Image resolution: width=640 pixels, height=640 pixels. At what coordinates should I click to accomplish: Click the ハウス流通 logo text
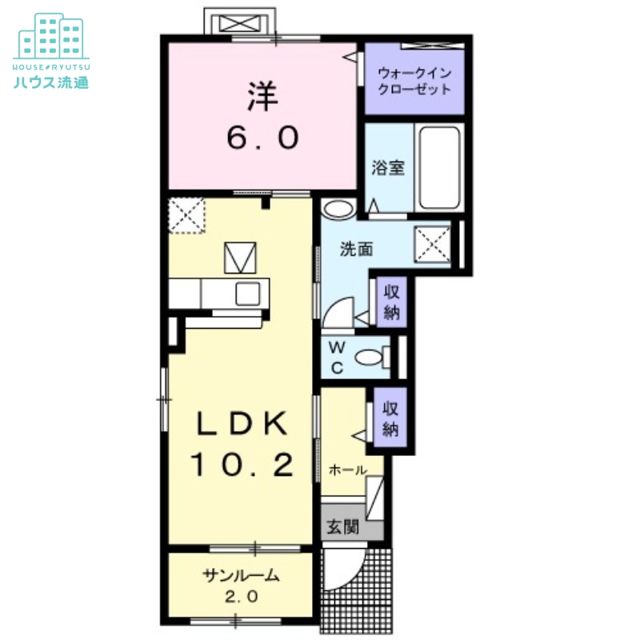[51, 82]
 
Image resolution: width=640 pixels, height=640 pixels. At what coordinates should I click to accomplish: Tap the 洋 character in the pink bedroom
[262, 97]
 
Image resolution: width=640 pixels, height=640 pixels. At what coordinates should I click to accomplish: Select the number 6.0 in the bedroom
[262, 138]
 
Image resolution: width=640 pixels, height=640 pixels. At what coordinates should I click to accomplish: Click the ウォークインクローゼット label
[414, 82]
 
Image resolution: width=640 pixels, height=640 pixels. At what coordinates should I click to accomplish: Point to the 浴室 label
[388, 168]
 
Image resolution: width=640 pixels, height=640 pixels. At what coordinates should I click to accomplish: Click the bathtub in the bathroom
[439, 168]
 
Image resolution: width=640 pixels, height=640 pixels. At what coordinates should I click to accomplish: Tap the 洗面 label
[356, 249]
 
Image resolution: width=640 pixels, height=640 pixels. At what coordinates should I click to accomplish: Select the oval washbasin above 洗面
[338, 209]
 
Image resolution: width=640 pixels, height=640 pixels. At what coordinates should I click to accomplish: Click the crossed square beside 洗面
[432, 245]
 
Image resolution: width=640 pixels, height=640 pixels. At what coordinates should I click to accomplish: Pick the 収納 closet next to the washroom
[391, 302]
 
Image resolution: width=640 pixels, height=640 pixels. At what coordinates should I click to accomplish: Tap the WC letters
[337, 358]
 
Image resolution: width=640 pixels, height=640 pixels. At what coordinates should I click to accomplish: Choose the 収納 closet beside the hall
[390, 418]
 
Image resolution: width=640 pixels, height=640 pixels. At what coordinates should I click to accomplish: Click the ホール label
[347, 470]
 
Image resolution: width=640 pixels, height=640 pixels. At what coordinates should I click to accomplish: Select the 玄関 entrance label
[343, 527]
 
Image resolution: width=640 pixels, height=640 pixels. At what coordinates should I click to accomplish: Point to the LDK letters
[242, 423]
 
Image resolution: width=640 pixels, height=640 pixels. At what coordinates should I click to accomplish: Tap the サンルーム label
[242, 575]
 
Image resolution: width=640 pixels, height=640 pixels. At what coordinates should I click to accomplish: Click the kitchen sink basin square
[248, 294]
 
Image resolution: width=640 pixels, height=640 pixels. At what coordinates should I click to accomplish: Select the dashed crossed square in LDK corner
[186, 215]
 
